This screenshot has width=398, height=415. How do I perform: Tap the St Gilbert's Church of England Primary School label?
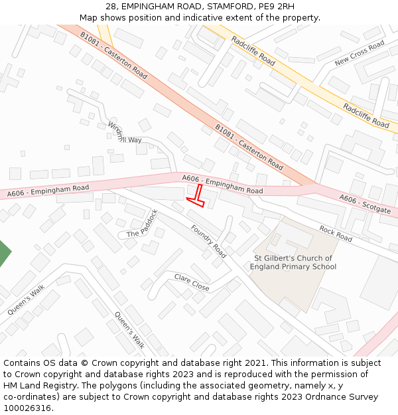point(293,262)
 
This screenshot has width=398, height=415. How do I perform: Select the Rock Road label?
point(336,233)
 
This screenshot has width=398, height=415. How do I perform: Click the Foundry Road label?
point(208,241)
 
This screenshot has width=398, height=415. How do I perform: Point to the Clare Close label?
point(192,282)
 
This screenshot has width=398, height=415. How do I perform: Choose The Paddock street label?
point(143,224)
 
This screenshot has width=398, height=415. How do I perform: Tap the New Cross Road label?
point(360,53)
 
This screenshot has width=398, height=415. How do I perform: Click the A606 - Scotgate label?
point(365,204)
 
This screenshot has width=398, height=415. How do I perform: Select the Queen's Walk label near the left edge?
point(26,300)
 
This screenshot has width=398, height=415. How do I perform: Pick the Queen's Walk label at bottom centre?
point(129,330)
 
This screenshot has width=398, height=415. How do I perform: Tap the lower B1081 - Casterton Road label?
point(249,147)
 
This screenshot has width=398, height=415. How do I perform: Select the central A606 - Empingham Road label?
point(222,185)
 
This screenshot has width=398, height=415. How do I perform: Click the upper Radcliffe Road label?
point(253,50)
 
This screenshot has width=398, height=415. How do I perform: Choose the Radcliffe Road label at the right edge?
point(366,116)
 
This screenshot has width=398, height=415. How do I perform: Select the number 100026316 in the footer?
point(27,408)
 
